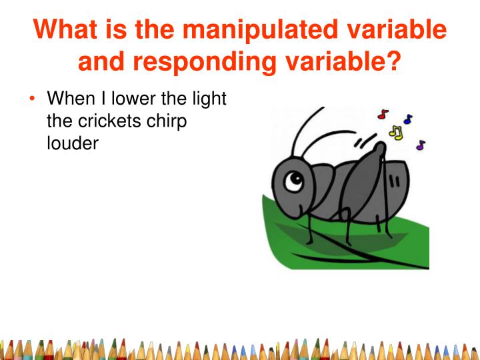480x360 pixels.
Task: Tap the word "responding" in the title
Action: click(x=205, y=61)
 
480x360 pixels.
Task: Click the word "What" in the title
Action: click(x=65, y=29)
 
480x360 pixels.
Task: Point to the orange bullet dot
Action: click(x=32, y=98)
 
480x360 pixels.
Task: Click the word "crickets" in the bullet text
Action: click(x=109, y=121)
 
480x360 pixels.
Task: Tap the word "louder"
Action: click(x=73, y=143)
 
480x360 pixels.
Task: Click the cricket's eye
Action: click(x=294, y=181)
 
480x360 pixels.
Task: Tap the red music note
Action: click(x=383, y=114)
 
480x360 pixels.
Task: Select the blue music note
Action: click(x=408, y=119)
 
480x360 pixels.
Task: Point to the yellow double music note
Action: click(x=395, y=133)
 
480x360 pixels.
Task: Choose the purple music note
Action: click(x=421, y=145)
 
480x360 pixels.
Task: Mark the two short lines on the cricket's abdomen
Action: click(x=394, y=182)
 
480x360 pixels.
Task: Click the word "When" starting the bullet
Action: click(x=71, y=99)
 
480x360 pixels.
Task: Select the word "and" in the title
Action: click(x=101, y=61)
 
